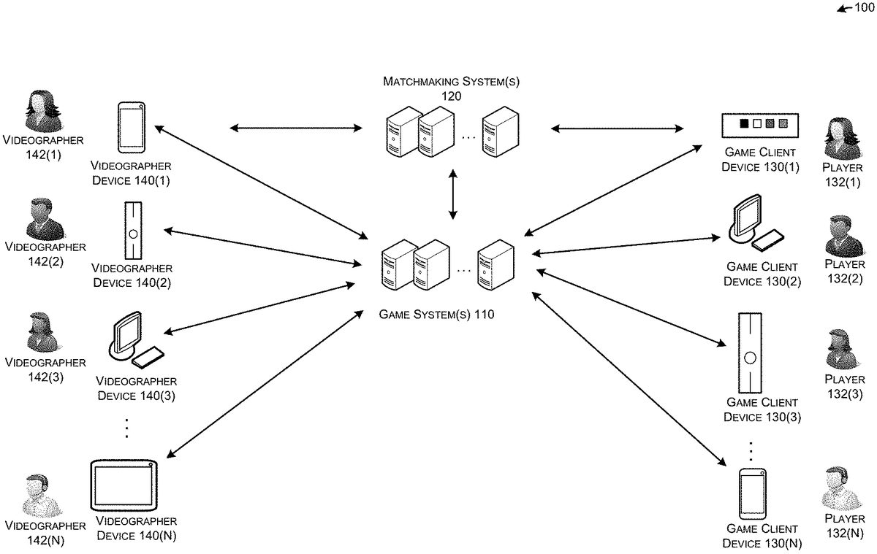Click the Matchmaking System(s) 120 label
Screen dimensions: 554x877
point(451,88)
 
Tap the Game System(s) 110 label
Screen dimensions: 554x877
point(436,315)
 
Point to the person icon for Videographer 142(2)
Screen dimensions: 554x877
point(44,219)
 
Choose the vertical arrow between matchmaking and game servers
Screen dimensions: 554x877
point(453,194)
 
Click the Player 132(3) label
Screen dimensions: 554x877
point(843,387)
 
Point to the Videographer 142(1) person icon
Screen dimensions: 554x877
point(41,112)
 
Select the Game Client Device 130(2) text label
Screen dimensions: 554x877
point(762,274)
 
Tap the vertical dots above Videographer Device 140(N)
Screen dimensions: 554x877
point(126,428)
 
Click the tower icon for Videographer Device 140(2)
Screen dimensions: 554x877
point(132,231)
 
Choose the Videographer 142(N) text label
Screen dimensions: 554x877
point(45,532)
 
